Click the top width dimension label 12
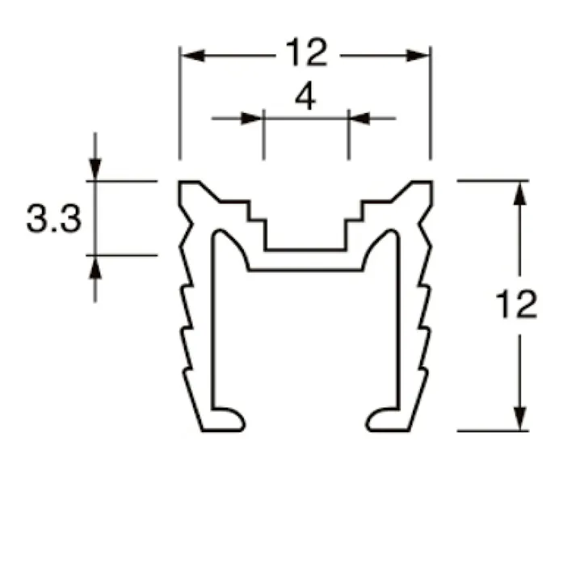tap(306, 54)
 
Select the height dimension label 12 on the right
tap(517, 305)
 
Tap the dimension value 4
tap(305, 98)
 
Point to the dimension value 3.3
tap(53, 219)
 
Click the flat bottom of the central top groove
tap(306, 250)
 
